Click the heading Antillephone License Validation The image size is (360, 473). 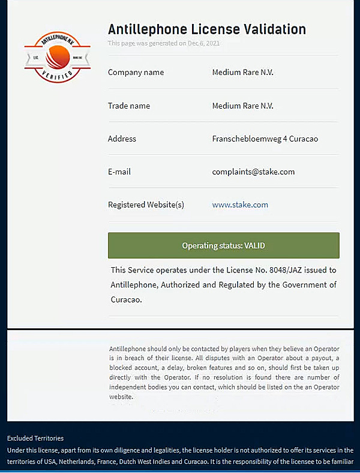(x=206, y=29)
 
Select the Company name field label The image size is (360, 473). (x=136, y=73)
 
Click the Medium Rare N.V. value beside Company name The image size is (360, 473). (x=242, y=73)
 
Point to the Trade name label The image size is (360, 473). (x=129, y=106)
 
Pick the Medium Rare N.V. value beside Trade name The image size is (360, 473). (x=242, y=106)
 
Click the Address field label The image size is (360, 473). (x=122, y=139)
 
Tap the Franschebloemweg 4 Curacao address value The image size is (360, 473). (x=265, y=139)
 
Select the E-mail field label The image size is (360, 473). (x=119, y=172)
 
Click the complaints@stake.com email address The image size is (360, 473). (x=253, y=172)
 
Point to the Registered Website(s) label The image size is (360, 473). (x=146, y=205)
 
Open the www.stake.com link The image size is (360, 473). (x=240, y=205)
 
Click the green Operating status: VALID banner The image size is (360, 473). (x=223, y=246)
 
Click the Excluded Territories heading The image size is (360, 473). (x=35, y=438)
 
